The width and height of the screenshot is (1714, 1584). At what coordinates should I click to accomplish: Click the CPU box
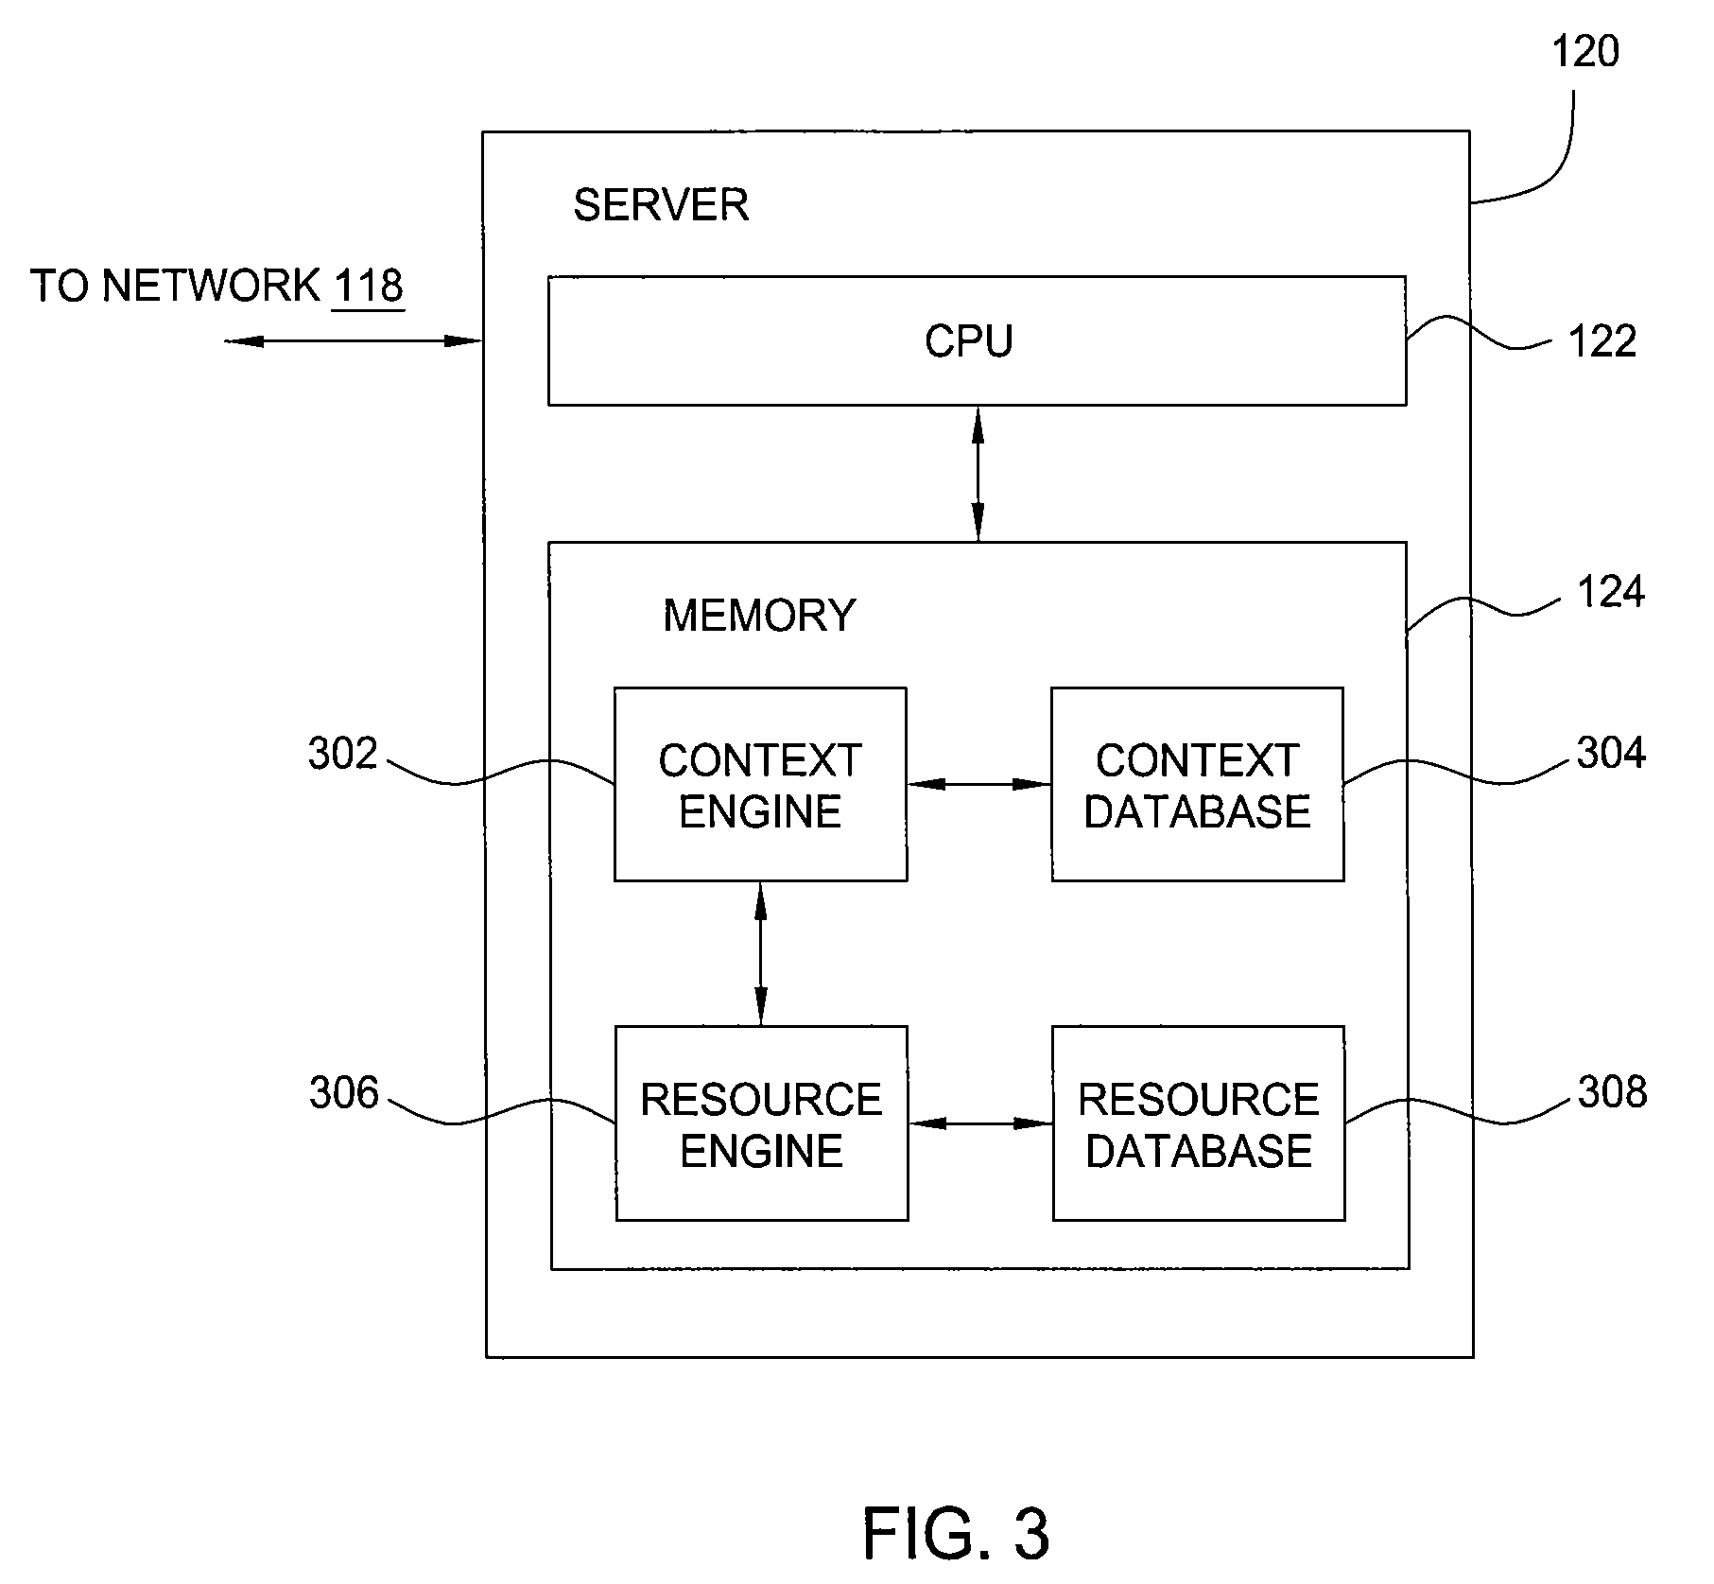pos(977,340)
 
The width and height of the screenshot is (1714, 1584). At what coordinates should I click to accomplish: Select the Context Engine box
pos(760,784)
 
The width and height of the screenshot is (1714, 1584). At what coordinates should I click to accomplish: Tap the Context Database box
pos(1197,784)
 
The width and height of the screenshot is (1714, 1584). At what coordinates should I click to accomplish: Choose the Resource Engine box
pos(761,1123)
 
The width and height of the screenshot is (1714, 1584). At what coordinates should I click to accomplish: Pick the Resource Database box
pos(1198,1123)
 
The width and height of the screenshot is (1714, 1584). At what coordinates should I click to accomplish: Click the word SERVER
pos(661,205)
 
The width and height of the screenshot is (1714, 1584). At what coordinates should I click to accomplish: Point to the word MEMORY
pos(759,616)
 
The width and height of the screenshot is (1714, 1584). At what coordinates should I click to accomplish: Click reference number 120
pos(1585,51)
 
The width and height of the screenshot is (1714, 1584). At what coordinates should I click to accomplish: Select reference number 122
pos(1602,341)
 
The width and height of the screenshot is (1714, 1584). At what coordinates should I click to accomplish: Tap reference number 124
pos(1611,593)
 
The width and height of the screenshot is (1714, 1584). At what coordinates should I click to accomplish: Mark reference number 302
pos(343,754)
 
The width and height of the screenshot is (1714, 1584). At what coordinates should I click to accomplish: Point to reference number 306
pos(344,1093)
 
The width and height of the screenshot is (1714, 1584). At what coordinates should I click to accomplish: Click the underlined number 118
pos(368,286)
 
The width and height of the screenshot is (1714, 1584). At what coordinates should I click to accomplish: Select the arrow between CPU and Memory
pos(978,474)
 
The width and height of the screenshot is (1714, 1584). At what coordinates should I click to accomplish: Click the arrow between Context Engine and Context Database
pos(979,784)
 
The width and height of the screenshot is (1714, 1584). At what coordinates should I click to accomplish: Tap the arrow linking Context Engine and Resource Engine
pos(761,953)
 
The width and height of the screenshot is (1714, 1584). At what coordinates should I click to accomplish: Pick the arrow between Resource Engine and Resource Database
pos(980,1123)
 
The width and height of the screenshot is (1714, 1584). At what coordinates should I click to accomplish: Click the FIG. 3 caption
pos(956,1534)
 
